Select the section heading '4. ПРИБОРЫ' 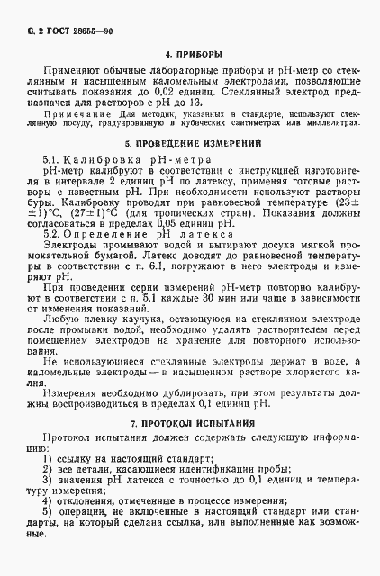click(190, 53)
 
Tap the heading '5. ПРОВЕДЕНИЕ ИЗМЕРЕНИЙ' click(190, 142)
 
